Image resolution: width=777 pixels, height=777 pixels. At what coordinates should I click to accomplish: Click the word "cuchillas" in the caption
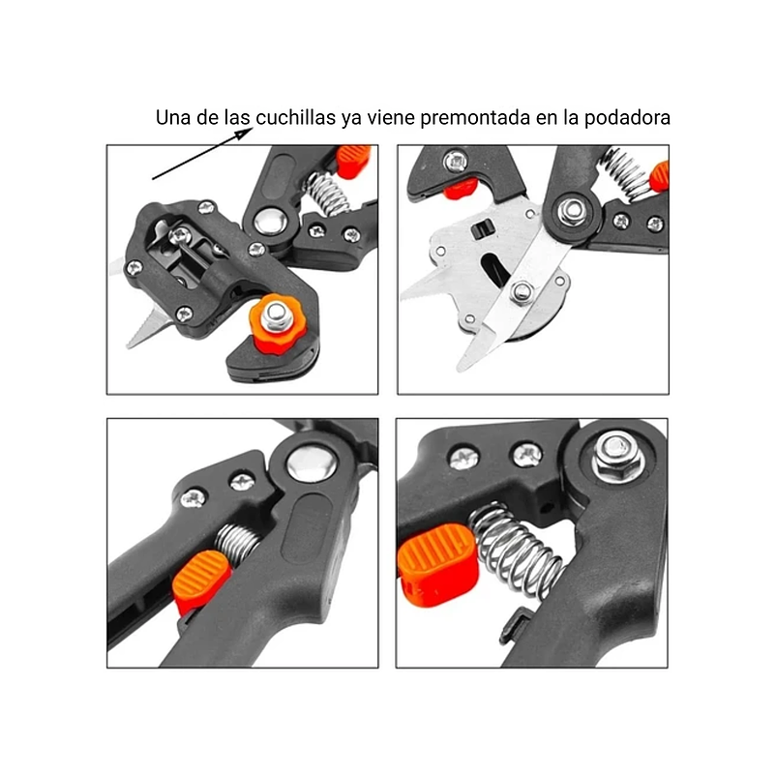(x=295, y=118)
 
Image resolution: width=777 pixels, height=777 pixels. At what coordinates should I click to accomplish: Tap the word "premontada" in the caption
(x=475, y=118)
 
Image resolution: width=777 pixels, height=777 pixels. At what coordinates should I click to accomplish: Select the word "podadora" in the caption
(x=627, y=118)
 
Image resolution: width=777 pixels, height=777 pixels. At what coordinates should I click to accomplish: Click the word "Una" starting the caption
(x=173, y=118)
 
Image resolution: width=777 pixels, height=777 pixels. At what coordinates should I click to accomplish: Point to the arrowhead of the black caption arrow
(x=244, y=133)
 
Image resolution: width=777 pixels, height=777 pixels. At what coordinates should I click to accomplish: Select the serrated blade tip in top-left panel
(x=145, y=326)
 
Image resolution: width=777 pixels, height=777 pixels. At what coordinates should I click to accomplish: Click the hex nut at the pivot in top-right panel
(x=571, y=212)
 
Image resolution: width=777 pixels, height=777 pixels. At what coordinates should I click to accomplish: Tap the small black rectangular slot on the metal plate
(x=482, y=229)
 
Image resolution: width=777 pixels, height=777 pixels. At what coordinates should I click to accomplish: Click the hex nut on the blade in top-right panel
(x=522, y=292)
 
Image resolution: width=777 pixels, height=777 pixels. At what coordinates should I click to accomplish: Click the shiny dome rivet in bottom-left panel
(x=312, y=463)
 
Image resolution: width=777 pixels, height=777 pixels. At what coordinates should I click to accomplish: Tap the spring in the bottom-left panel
(x=238, y=543)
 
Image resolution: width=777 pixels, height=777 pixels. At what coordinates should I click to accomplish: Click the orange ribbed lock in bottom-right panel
(x=437, y=564)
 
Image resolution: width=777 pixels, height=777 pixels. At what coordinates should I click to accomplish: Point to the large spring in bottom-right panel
(x=517, y=549)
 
